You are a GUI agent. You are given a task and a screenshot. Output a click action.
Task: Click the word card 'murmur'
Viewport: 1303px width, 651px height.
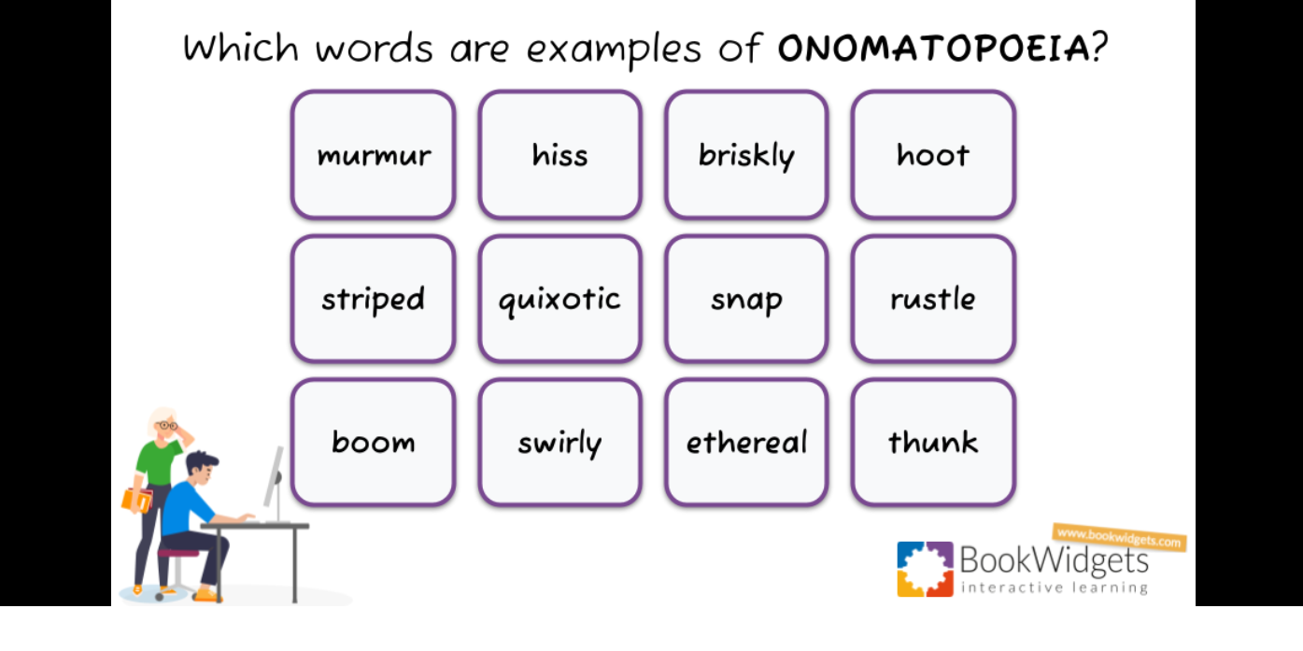373,155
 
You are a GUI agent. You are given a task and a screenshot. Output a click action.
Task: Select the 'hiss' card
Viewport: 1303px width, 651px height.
560,155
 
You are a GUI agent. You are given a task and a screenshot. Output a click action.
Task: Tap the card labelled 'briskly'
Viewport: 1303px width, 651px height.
746,155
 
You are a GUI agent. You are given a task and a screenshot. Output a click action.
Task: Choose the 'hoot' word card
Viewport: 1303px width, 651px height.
933,155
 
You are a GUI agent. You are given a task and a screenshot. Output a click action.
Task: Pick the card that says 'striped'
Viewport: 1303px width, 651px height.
373,299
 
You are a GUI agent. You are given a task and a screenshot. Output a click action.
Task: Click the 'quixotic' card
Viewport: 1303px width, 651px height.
560,299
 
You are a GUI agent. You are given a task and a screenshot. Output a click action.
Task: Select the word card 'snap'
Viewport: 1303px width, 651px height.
746,299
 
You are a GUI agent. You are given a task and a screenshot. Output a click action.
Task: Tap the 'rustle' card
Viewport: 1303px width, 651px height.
933,299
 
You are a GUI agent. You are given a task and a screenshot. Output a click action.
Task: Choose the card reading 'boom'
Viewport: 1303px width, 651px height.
373,442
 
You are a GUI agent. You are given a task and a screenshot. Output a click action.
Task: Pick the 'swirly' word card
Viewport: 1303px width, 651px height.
560,442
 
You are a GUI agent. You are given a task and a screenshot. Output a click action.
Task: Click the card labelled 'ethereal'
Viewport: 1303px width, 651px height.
746,442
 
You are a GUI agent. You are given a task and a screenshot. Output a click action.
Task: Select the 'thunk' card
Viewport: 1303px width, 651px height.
933,442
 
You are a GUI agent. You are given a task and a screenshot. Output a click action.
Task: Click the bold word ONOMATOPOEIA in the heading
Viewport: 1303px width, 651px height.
934,48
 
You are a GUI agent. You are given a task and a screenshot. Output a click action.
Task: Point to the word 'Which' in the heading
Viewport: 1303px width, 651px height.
241,47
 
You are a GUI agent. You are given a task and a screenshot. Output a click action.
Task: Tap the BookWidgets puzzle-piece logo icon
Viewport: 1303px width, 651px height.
925,569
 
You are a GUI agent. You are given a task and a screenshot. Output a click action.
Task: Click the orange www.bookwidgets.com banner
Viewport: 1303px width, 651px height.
1119,537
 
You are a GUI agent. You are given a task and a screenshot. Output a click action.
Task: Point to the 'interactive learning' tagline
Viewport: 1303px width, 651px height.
1055,587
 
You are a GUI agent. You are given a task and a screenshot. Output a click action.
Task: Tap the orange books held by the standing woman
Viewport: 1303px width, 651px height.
136,501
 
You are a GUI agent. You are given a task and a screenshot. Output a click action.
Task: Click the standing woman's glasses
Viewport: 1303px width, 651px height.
167,425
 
